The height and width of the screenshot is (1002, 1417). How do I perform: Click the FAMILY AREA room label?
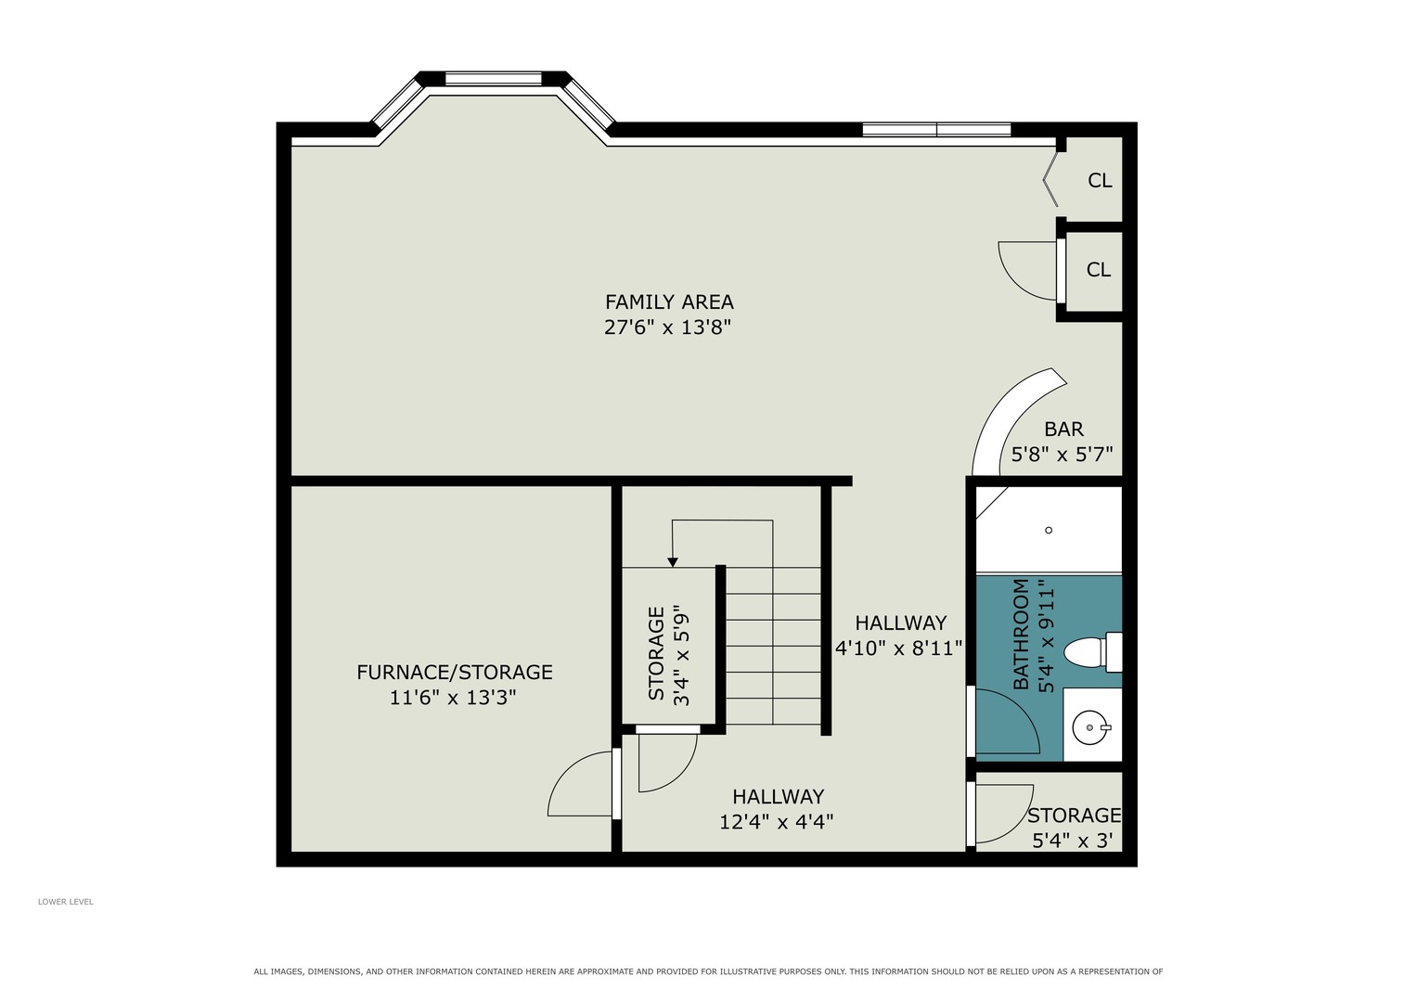pos(669,302)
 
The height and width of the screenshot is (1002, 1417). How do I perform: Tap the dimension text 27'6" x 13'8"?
pos(667,327)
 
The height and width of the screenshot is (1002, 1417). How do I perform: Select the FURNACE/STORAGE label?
pos(454,672)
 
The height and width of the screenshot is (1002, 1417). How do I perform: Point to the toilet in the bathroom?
pos(1092,652)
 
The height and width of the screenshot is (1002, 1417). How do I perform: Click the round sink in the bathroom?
pos(1090,728)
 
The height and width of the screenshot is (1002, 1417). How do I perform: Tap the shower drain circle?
pos(1049,530)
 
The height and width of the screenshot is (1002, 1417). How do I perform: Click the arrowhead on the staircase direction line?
pos(673,562)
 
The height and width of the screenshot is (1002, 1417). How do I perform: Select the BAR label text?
pos(1063,430)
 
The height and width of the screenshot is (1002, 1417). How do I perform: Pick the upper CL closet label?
pos(1100,181)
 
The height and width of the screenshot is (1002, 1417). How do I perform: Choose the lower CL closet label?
pos(1098,270)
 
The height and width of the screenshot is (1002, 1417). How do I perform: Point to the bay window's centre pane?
pos(494,79)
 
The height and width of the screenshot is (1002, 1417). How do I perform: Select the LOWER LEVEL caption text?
pos(65,902)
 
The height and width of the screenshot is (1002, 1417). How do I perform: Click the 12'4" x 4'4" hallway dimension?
pos(776,822)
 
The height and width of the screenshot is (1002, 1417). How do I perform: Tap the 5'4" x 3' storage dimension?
pos(1072,841)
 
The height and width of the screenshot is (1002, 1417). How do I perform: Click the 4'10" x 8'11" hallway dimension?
pos(899,649)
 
